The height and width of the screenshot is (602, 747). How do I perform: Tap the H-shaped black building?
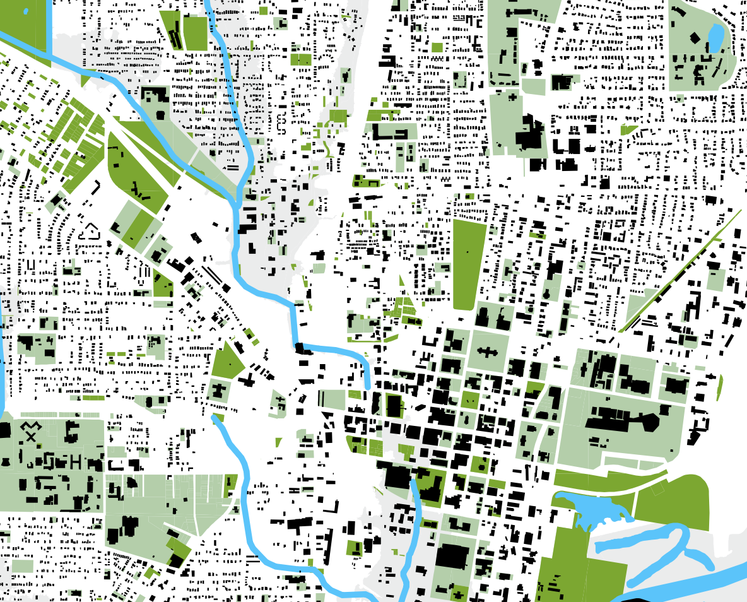(76, 462)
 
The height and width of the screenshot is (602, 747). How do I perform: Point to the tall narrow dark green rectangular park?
(469, 264)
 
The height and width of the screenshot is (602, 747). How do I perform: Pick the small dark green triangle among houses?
(628, 130)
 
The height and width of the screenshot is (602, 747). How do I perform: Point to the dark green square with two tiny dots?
(469, 399)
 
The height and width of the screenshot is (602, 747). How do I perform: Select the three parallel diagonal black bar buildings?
(213, 277)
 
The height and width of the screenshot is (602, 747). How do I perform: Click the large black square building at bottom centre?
(452, 558)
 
